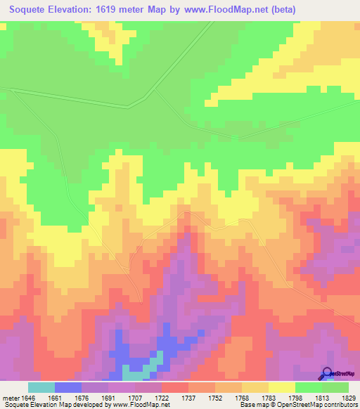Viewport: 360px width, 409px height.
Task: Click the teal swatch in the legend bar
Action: (41, 387)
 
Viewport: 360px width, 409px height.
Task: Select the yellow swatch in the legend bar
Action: (282, 387)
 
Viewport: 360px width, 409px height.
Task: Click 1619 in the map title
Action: (123, 10)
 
